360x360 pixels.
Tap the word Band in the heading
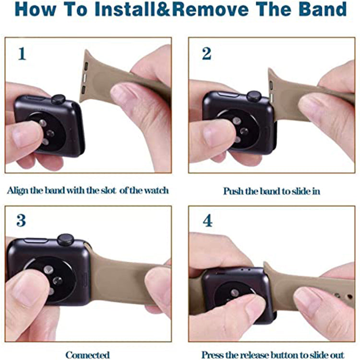tap(323, 9)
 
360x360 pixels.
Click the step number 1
tap(22, 54)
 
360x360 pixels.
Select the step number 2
tap(206, 54)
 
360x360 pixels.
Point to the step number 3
tap(21, 220)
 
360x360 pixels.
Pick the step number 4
tap(207, 220)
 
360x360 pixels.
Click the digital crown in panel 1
tap(58, 99)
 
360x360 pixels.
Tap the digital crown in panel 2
tap(254, 96)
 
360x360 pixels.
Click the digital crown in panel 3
tap(66, 240)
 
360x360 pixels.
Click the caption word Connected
tap(87, 355)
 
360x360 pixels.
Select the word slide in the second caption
tap(301, 191)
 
